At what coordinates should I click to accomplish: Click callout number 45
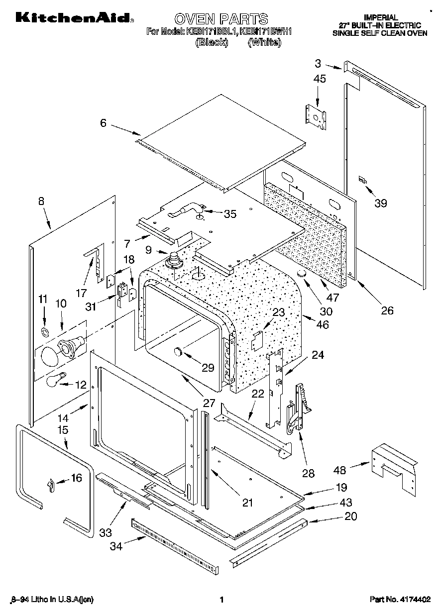320,78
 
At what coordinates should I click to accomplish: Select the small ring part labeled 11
44,331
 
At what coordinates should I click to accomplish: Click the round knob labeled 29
178,353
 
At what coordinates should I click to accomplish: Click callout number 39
380,203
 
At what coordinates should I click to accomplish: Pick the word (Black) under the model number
212,43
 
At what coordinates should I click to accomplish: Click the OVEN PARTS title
221,19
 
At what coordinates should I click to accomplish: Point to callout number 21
247,503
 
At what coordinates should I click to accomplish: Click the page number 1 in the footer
221,600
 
